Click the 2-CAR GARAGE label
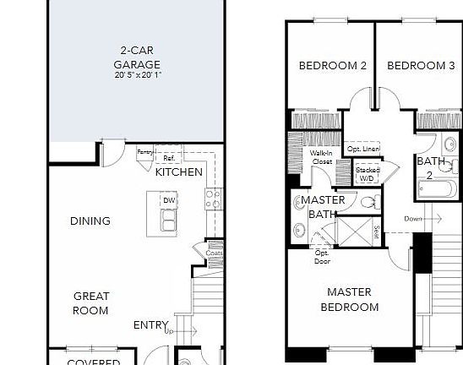(x=136, y=57)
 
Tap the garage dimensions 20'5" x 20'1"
(x=136, y=75)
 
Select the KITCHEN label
(x=179, y=172)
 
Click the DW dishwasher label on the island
(x=169, y=200)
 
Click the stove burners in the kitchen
(x=214, y=199)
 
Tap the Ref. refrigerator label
(x=168, y=158)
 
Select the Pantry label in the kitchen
(x=145, y=152)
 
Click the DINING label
(x=90, y=221)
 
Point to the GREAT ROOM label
(x=90, y=303)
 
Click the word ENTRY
(x=150, y=325)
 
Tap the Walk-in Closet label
(x=320, y=158)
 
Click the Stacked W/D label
(x=368, y=174)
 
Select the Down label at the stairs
(x=413, y=219)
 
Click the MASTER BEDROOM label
(x=349, y=299)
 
